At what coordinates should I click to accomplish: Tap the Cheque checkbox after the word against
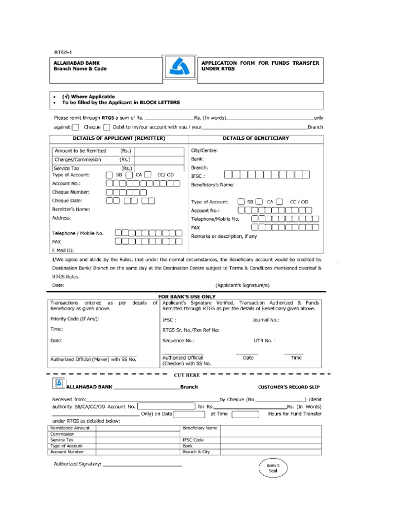point(76,127)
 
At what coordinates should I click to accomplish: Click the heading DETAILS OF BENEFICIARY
point(256,138)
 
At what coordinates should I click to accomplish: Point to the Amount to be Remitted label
point(80,151)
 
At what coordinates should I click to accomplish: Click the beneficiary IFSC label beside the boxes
point(197,176)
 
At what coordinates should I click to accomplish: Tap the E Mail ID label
point(63,250)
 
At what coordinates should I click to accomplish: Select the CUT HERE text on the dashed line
point(186,375)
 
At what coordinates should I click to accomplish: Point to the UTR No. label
point(264,340)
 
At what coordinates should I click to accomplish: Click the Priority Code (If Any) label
point(75,318)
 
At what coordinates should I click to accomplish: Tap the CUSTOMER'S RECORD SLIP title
point(290,387)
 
